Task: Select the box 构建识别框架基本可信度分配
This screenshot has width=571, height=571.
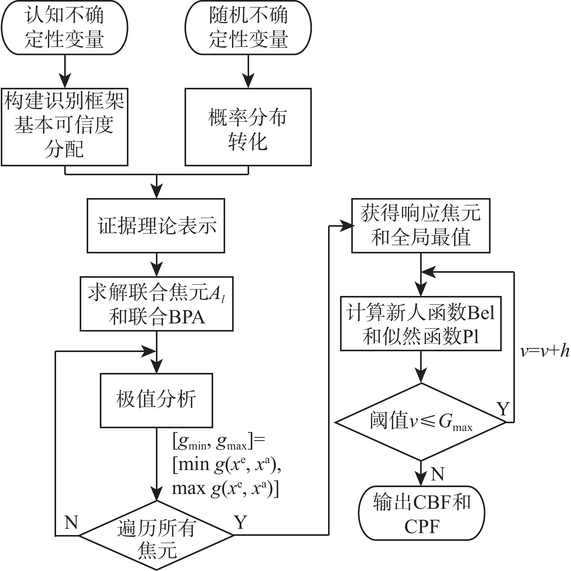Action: (64, 127)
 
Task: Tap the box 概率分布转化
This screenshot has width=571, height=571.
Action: (248, 127)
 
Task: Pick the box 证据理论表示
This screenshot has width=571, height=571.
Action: (156, 226)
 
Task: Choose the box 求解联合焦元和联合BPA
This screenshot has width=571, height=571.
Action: (156, 304)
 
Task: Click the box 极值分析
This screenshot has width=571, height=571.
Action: (156, 400)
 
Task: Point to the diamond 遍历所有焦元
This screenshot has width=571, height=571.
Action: (156, 535)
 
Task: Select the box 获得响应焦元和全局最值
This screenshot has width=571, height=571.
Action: (421, 226)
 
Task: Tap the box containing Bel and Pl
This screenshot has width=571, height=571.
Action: (421, 323)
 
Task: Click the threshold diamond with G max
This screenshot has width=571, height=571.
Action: (421, 422)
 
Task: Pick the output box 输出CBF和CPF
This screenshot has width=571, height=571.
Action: (421, 513)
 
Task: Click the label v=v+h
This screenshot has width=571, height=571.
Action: (545, 351)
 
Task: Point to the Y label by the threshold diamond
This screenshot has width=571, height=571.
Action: (503, 409)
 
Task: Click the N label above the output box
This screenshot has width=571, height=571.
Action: (437, 474)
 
